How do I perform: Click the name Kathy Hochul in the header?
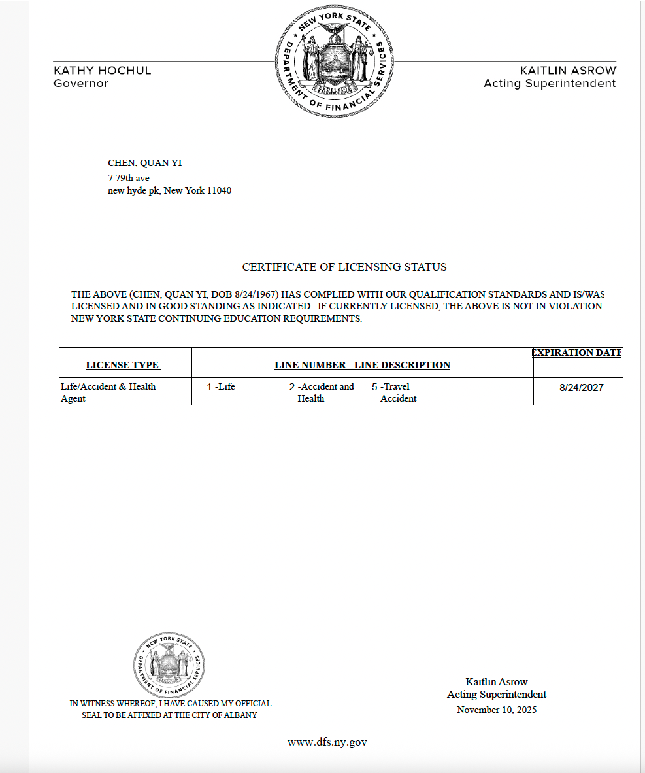tap(102, 70)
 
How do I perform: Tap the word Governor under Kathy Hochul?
tap(81, 83)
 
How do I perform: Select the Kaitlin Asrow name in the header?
tap(568, 70)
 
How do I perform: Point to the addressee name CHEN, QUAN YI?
tap(144, 163)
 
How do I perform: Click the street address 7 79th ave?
tap(129, 178)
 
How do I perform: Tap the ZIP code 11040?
tap(218, 191)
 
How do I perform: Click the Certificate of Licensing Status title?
tap(344, 267)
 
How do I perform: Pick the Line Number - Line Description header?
tap(362, 365)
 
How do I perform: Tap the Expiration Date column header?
tap(576, 352)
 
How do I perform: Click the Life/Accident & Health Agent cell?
tap(108, 392)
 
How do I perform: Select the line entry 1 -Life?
tap(221, 386)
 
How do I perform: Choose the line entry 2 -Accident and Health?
tap(322, 392)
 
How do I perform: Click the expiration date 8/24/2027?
tap(581, 388)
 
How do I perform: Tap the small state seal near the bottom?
tap(169, 665)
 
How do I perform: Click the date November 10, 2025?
tap(497, 710)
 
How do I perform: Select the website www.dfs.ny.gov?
tap(327, 742)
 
